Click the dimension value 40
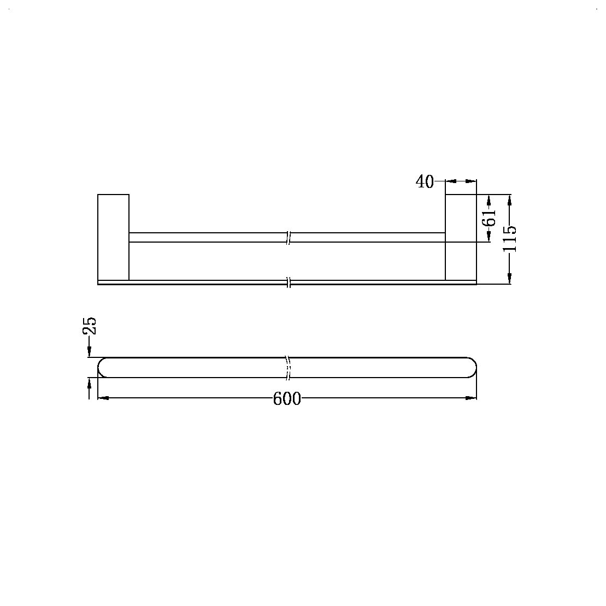(425, 181)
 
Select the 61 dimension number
(490, 217)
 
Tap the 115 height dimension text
(510, 239)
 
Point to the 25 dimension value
(89, 326)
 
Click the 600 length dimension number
(287, 399)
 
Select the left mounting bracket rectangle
(113, 237)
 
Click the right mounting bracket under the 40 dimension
(461, 237)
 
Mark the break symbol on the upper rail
(289, 237)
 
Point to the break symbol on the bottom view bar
(287, 367)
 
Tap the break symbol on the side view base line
(289, 283)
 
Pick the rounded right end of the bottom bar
(471, 367)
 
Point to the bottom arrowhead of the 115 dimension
(510, 279)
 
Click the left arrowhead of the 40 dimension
(451, 181)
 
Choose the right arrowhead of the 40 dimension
(472, 181)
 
